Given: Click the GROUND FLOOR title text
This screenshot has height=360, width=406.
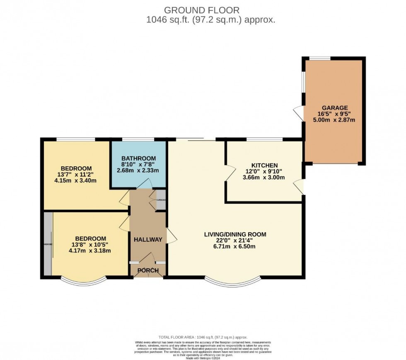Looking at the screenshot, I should pyautogui.click(x=201, y=10).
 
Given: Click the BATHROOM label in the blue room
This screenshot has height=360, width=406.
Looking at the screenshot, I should pyautogui.click(x=138, y=158).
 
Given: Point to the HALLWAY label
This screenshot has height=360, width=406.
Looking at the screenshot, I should pyautogui.click(x=148, y=239).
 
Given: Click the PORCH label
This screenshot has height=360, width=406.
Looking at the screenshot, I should pyautogui.click(x=148, y=271).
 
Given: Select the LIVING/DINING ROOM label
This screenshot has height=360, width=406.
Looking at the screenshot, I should pyautogui.click(x=235, y=234).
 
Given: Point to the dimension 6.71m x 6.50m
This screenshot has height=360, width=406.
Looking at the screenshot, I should pyautogui.click(x=235, y=246).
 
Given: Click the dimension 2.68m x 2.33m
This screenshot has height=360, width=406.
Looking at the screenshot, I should pyautogui.click(x=138, y=170).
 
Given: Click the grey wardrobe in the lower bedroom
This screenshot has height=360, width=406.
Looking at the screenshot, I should pyautogui.click(x=48, y=244).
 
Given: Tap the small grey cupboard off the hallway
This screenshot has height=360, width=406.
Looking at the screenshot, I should pyautogui.click(x=160, y=200).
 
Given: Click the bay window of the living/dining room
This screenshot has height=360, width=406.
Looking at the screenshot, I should pyautogui.click(x=234, y=283).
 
